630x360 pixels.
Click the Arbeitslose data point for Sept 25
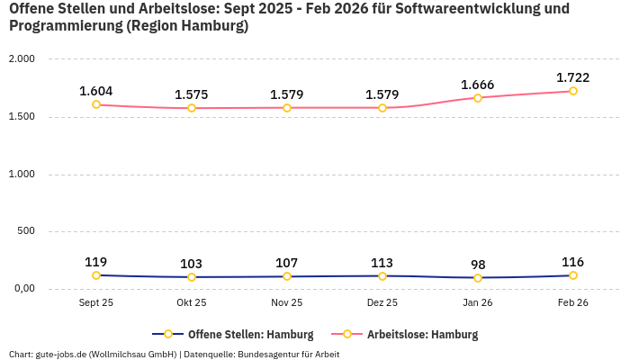(96, 104)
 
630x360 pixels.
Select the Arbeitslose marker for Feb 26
(573, 91)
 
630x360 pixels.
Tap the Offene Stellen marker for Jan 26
(478, 277)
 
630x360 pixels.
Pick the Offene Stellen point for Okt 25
(192, 277)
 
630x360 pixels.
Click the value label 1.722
(573, 77)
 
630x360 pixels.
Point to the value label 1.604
(96, 91)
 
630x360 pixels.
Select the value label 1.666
(478, 85)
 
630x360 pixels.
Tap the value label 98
(478, 265)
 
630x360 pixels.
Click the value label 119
(96, 262)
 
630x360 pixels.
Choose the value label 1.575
(192, 94)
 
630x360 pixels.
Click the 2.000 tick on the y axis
(21, 58)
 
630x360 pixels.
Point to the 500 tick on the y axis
(26, 231)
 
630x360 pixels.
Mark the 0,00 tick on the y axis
(22, 289)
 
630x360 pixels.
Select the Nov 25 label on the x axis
(287, 303)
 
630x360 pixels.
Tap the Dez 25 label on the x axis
(382, 303)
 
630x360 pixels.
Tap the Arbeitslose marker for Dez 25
(382, 108)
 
